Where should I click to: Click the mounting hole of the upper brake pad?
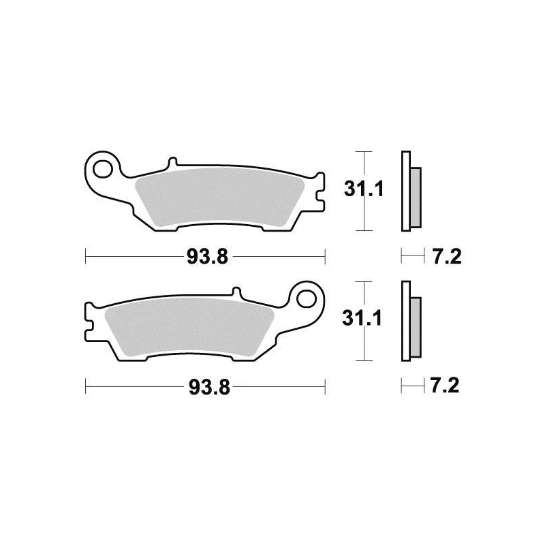103,170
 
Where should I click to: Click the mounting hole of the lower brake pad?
307,299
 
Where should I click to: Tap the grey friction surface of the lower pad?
189,326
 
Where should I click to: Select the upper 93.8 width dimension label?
208,258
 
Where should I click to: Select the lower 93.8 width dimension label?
209,387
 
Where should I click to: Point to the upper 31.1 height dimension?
364,189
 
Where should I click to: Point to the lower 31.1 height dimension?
362,318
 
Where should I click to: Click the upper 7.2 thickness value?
447,258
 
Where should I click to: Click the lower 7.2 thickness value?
445,386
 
